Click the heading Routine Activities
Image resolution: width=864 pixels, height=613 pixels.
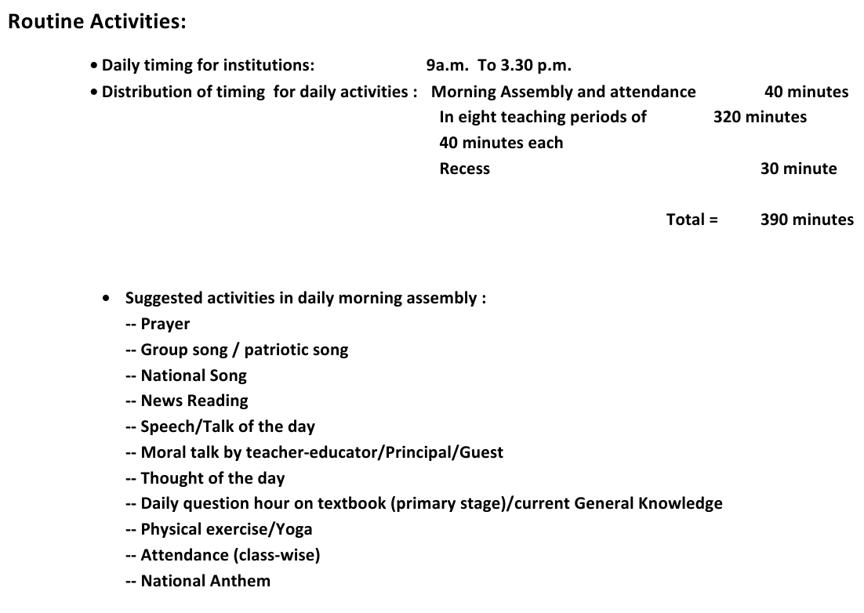point(97,22)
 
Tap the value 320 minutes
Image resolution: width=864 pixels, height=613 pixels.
point(759,117)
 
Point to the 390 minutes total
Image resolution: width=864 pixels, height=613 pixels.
point(806,219)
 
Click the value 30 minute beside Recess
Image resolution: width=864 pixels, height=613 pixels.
point(798,169)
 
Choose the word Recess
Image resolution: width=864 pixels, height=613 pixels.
point(464,169)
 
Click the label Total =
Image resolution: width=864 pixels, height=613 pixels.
point(692,219)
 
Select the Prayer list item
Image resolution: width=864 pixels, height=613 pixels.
point(165,324)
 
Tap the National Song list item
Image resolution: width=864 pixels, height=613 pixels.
point(193,375)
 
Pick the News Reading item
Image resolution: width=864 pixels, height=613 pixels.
point(194,401)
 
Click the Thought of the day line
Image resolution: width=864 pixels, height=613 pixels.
point(212,478)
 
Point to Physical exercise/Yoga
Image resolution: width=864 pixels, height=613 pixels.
point(226,529)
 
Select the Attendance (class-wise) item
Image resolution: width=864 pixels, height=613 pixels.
point(230,555)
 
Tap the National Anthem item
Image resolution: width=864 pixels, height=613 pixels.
point(205,581)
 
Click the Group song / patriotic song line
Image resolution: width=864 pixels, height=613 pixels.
point(244,350)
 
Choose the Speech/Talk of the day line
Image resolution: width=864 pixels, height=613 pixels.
point(227,426)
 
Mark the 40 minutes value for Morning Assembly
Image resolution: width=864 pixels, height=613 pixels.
point(806,92)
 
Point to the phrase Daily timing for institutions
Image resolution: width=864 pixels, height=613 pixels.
point(208,65)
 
